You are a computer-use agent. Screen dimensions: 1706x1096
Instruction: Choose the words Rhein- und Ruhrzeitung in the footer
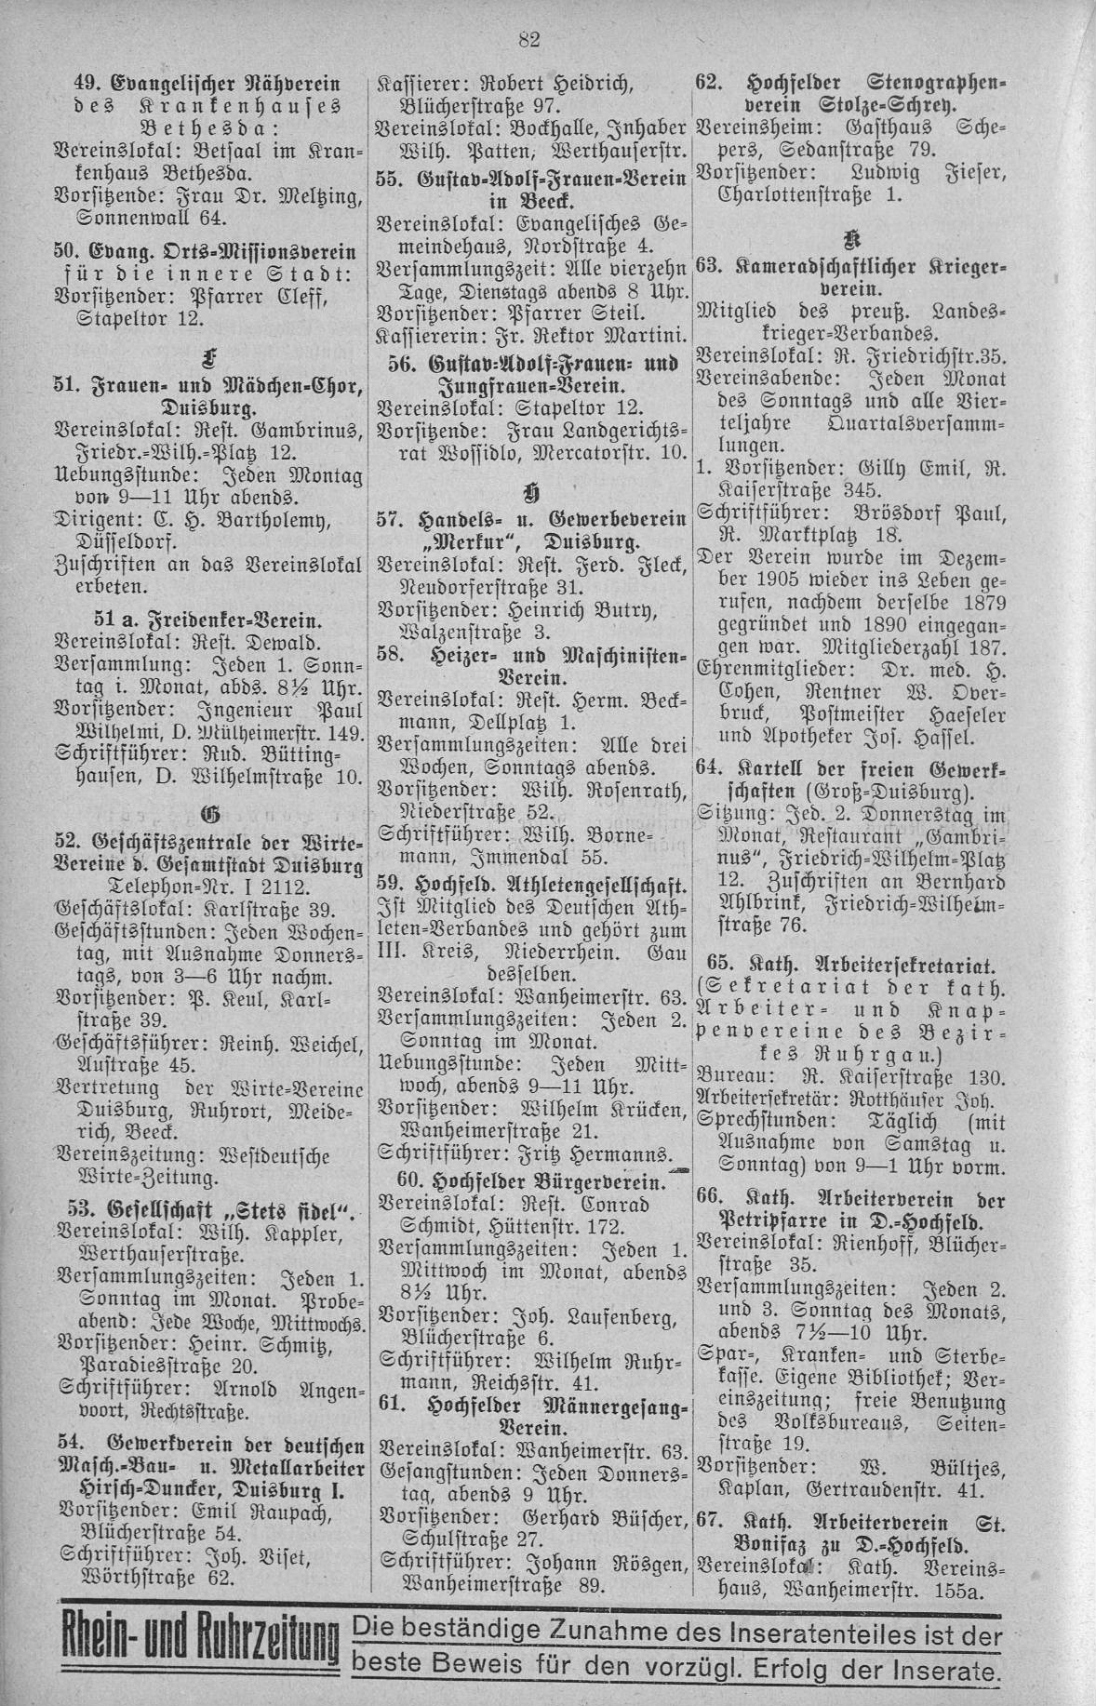[197, 1651]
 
